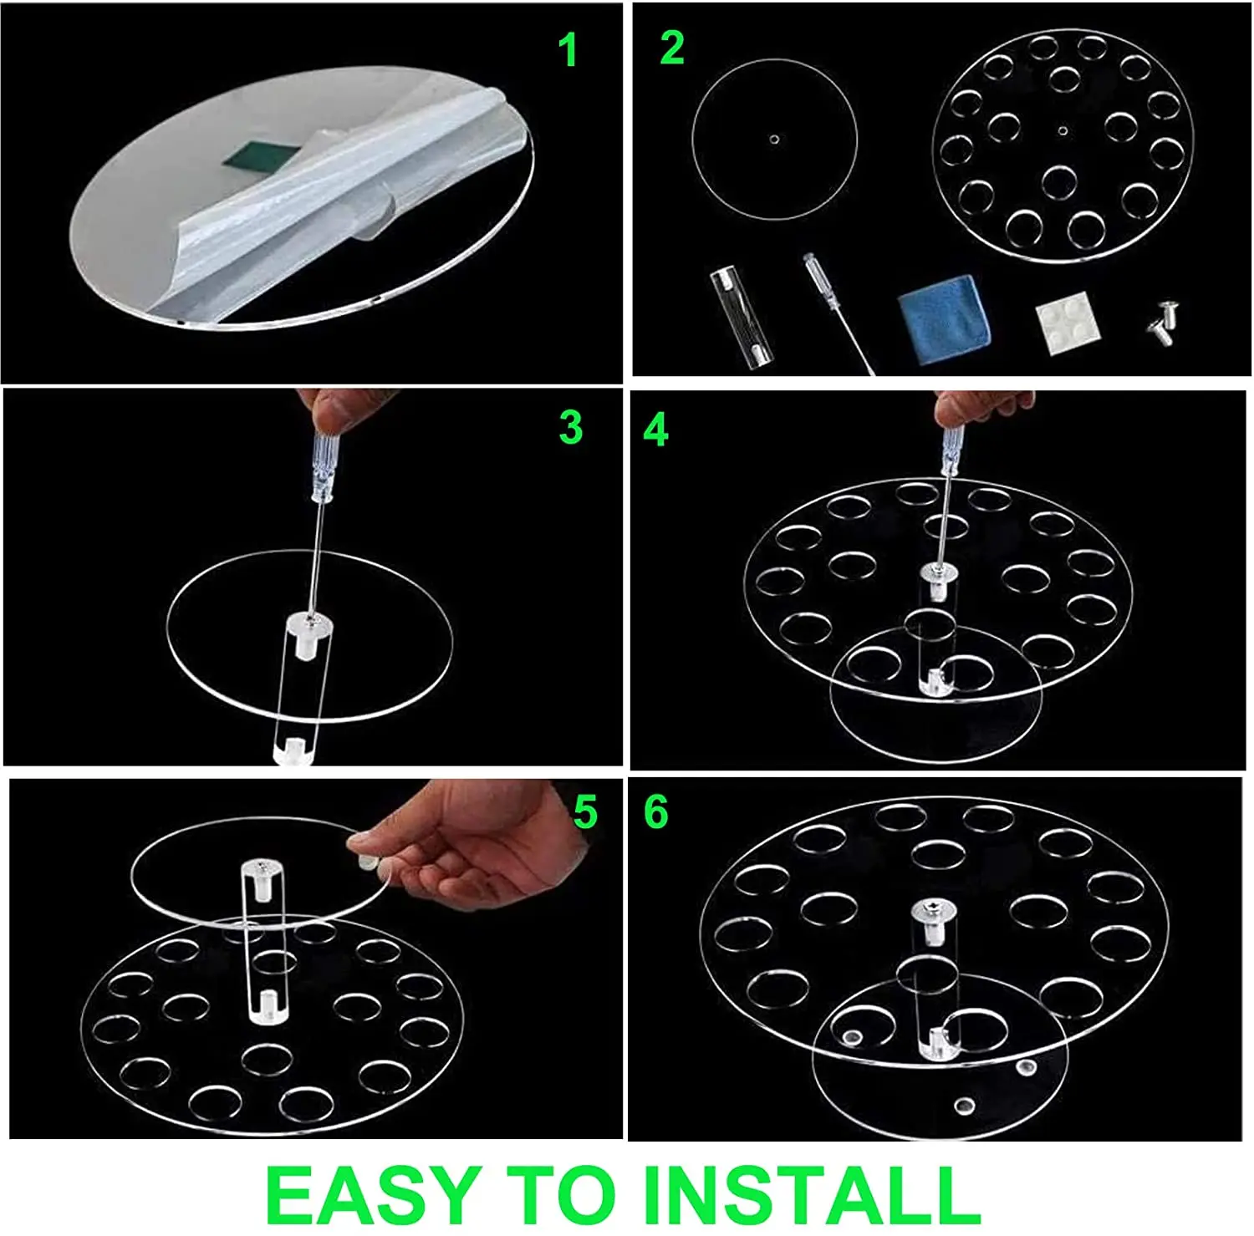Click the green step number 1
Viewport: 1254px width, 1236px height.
tap(568, 50)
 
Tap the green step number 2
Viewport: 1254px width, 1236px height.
tap(672, 48)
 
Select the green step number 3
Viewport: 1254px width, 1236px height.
tap(570, 428)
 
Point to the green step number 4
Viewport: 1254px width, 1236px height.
tap(656, 430)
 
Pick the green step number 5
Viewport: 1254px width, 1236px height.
tap(585, 812)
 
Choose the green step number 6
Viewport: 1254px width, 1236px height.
tap(656, 811)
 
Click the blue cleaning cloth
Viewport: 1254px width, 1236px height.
tap(945, 318)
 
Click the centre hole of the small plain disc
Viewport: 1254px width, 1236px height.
tap(774, 139)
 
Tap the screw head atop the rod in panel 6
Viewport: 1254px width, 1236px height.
tap(930, 908)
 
